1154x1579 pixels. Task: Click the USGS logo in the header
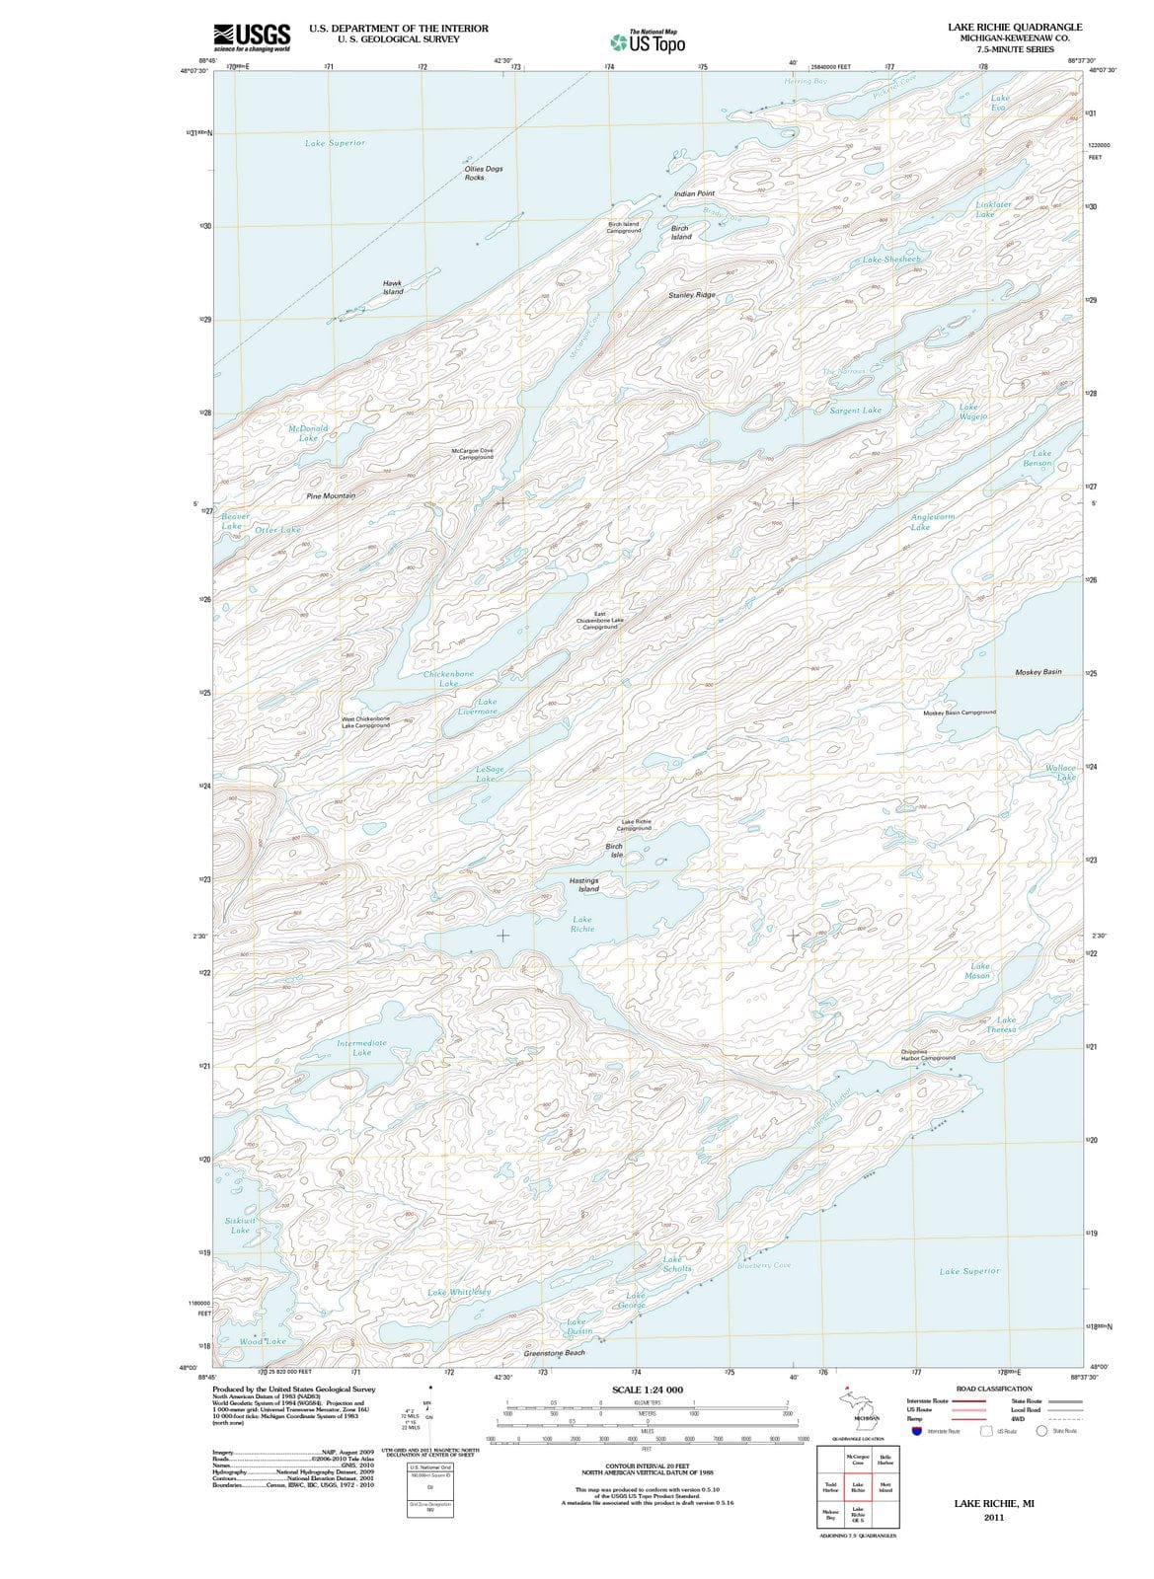[x=252, y=37]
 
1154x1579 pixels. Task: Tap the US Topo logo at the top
[x=648, y=41]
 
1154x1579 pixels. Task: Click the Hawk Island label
[x=393, y=287]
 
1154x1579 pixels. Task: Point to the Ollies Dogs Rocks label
[x=484, y=173]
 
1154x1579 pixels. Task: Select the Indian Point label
[x=694, y=193]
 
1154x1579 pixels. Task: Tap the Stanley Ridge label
[x=692, y=295]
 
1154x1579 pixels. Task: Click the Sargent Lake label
[x=856, y=411]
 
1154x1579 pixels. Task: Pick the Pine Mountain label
[x=331, y=495]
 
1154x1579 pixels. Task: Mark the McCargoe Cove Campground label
[x=472, y=454]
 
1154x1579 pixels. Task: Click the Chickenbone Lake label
[x=448, y=679]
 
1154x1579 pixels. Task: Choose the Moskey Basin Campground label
[x=960, y=713]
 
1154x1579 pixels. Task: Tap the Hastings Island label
[x=584, y=884]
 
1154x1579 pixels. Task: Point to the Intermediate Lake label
[x=362, y=1048]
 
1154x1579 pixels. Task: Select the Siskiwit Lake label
[x=240, y=1226]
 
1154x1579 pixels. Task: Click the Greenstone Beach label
[x=554, y=1353]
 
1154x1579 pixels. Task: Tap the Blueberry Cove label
[x=764, y=1265]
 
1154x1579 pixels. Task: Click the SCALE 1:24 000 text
[x=648, y=1390]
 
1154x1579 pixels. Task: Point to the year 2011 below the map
[x=994, y=1518]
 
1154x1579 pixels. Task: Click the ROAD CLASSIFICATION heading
[x=994, y=1389]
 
